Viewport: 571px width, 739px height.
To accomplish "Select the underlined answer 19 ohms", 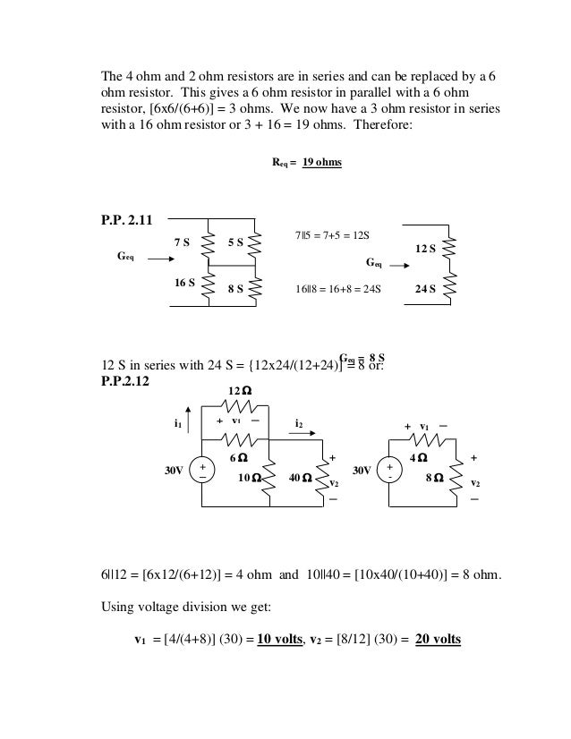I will (321, 164).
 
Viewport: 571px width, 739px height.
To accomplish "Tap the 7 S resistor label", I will (182, 242).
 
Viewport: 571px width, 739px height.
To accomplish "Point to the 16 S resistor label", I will (184, 283).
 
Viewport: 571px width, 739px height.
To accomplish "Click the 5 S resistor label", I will (235, 242).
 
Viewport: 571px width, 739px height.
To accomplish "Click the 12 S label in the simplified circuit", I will (426, 248).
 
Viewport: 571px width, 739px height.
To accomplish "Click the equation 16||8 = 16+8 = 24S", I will (338, 290).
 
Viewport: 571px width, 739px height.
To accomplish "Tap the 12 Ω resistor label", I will (239, 392).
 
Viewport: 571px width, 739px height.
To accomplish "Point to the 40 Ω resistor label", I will (301, 478).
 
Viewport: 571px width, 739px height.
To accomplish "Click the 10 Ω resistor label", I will (250, 478).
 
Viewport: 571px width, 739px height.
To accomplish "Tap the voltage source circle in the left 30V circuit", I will (202, 471).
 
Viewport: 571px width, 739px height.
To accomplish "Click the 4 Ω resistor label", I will (418, 458).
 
